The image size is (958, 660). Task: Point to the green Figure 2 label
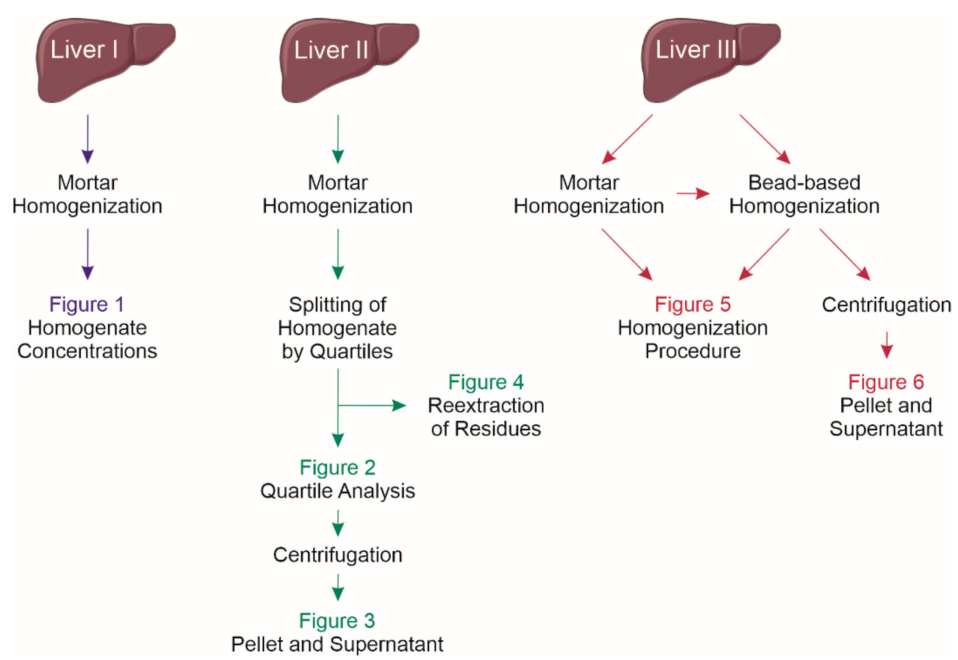[338, 468]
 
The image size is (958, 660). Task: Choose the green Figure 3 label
[337, 621]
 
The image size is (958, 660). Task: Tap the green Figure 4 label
[486, 382]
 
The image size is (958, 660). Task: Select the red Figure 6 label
[886, 382]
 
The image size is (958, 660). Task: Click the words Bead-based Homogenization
[804, 194]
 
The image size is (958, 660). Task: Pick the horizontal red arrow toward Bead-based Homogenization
[693, 193]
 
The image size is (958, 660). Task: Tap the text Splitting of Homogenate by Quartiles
[338, 328]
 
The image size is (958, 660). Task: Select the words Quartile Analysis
[338, 491]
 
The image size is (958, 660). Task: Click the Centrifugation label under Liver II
[338, 555]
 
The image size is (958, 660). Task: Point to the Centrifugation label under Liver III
[886, 305]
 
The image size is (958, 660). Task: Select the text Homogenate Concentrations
[87, 340]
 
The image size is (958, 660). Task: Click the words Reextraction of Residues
[486, 417]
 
